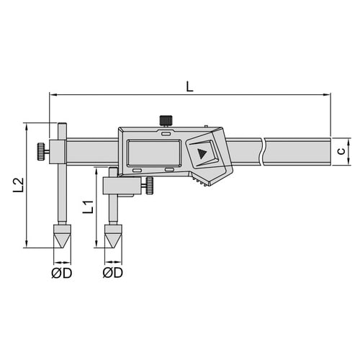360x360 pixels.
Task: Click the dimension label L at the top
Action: [189, 86]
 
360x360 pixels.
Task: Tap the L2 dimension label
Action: [18, 185]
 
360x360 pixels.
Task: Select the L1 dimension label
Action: [88, 207]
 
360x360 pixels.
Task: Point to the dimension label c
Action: [341, 151]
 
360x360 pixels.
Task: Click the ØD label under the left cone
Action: [62, 273]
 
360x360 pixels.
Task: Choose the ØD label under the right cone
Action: [113, 273]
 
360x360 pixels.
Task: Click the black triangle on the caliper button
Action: [202, 153]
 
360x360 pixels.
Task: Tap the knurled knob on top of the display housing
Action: [166, 120]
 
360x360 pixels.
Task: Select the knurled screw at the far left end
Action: [41, 151]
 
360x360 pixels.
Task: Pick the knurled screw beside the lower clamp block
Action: [150, 185]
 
